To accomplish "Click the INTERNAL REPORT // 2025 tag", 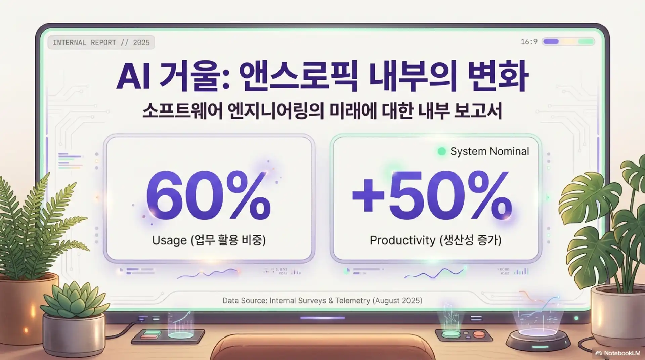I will (x=101, y=43).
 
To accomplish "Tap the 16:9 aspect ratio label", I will (x=529, y=42).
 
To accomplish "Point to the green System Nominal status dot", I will (x=442, y=151).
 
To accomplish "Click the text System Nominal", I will (x=489, y=151).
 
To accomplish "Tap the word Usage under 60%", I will (x=169, y=240).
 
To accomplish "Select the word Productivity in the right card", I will (x=402, y=240).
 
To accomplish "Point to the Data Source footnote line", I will (x=322, y=301).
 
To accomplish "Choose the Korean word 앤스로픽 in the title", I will (x=299, y=77).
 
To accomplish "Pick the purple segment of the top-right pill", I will (x=551, y=42).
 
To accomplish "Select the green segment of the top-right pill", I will (x=586, y=42).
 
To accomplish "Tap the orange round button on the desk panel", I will (x=479, y=334).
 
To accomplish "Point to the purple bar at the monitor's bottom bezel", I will (x=322, y=318).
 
